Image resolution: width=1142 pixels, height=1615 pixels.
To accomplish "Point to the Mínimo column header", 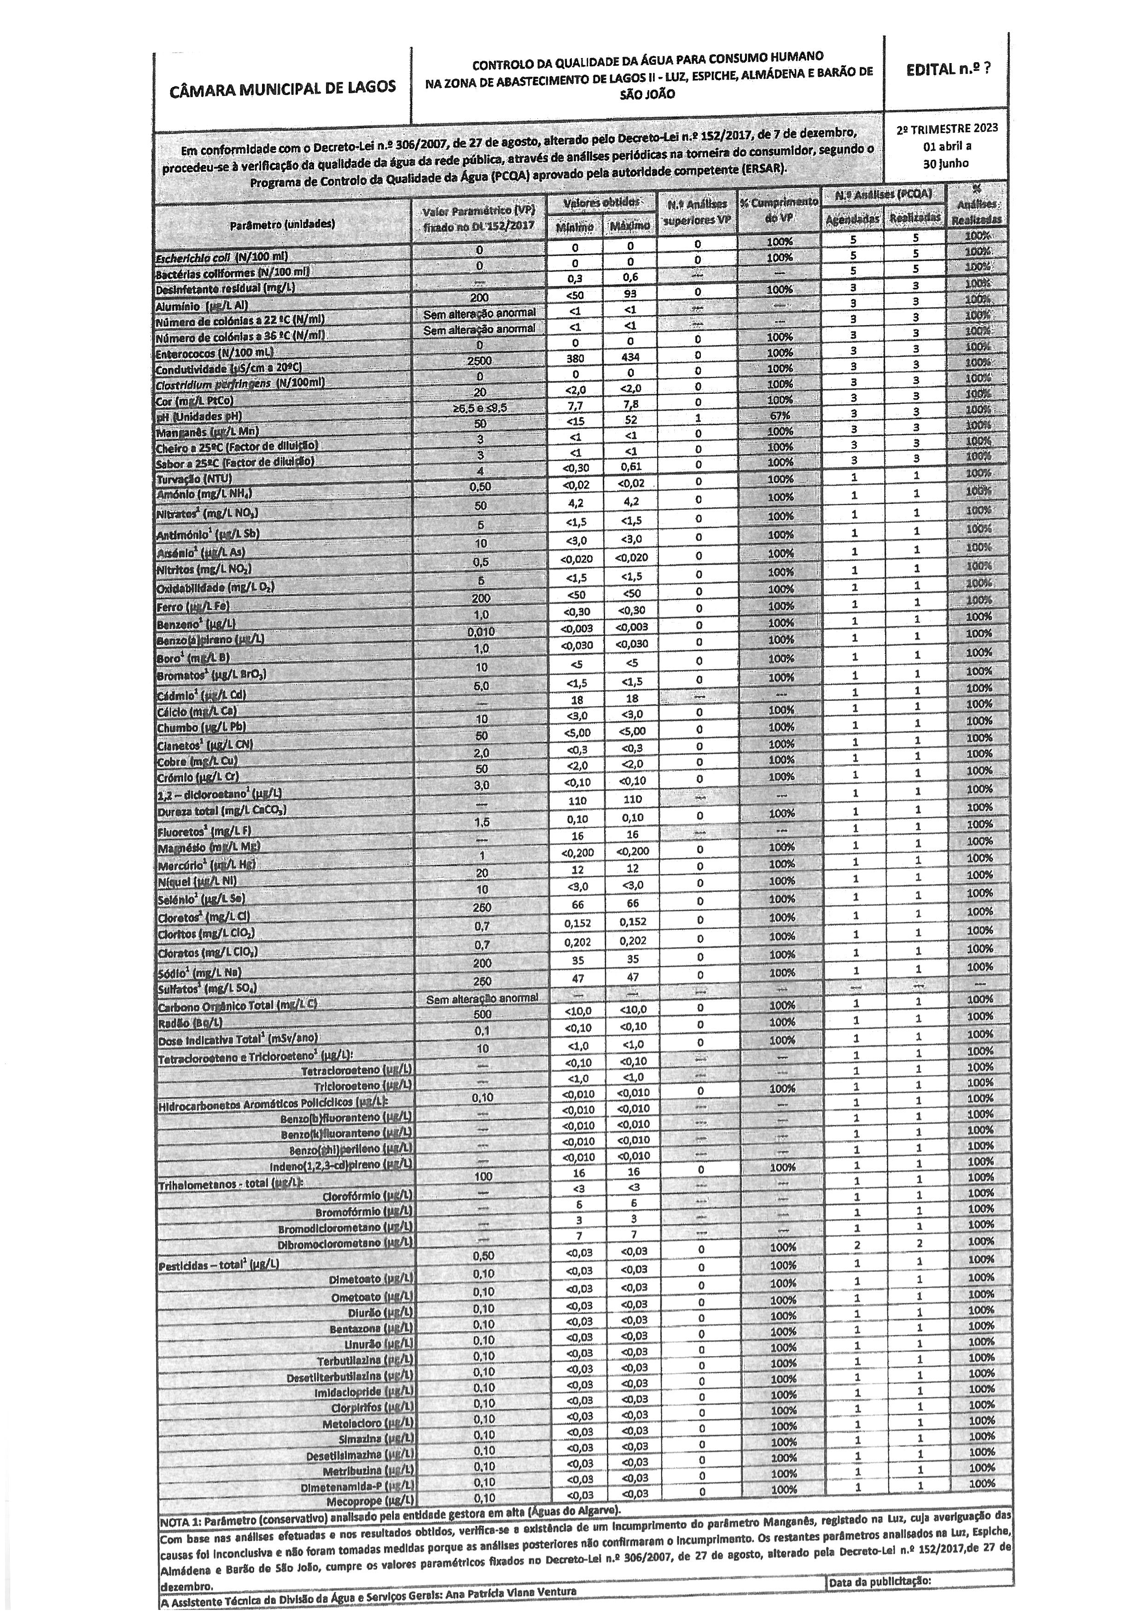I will [575, 227].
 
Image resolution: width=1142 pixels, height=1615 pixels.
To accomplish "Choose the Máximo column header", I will [629, 227].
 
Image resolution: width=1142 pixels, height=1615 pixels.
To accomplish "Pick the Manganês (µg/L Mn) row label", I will [207, 431].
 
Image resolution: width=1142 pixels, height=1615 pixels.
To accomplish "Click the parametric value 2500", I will [479, 360].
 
